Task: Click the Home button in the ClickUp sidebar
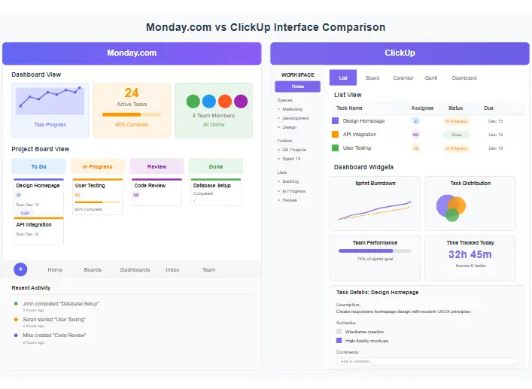[x=298, y=87]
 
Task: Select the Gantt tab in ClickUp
[x=431, y=78]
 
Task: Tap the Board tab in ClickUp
[x=372, y=78]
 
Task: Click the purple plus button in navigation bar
[x=20, y=269]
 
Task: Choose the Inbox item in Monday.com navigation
[x=172, y=269]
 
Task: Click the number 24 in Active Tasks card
[x=132, y=93]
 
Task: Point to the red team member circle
[x=224, y=102]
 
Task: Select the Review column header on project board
[x=157, y=166]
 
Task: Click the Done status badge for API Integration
[x=456, y=135]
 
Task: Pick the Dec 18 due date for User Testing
[x=495, y=148]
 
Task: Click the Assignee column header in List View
[x=422, y=108]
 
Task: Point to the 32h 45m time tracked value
[x=470, y=254]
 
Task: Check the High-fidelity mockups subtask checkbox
[x=339, y=340]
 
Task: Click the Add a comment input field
[x=427, y=361]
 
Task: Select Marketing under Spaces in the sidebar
[x=293, y=109]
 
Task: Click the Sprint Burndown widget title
[x=375, y=183]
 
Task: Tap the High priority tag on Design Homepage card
[x=26, y=213]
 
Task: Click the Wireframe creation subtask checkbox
[x=339, y=331]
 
